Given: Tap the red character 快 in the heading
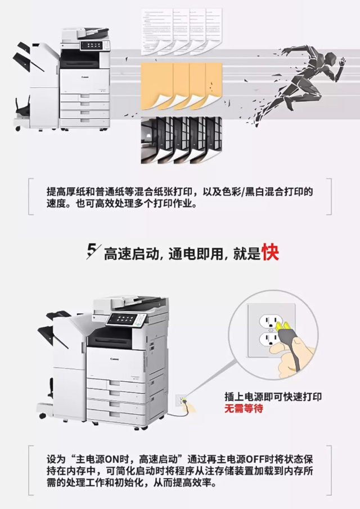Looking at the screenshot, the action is tap(271, 252).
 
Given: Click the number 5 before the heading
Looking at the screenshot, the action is tap(92, 251).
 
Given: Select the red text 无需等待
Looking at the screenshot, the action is tap(244, 408).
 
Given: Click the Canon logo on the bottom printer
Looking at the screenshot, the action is tap(115, 359).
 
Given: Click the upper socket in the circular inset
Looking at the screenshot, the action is tap(269, 321).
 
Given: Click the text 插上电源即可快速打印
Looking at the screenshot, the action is tap(273, 397).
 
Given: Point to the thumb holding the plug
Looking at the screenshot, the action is tap(278, 348).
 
